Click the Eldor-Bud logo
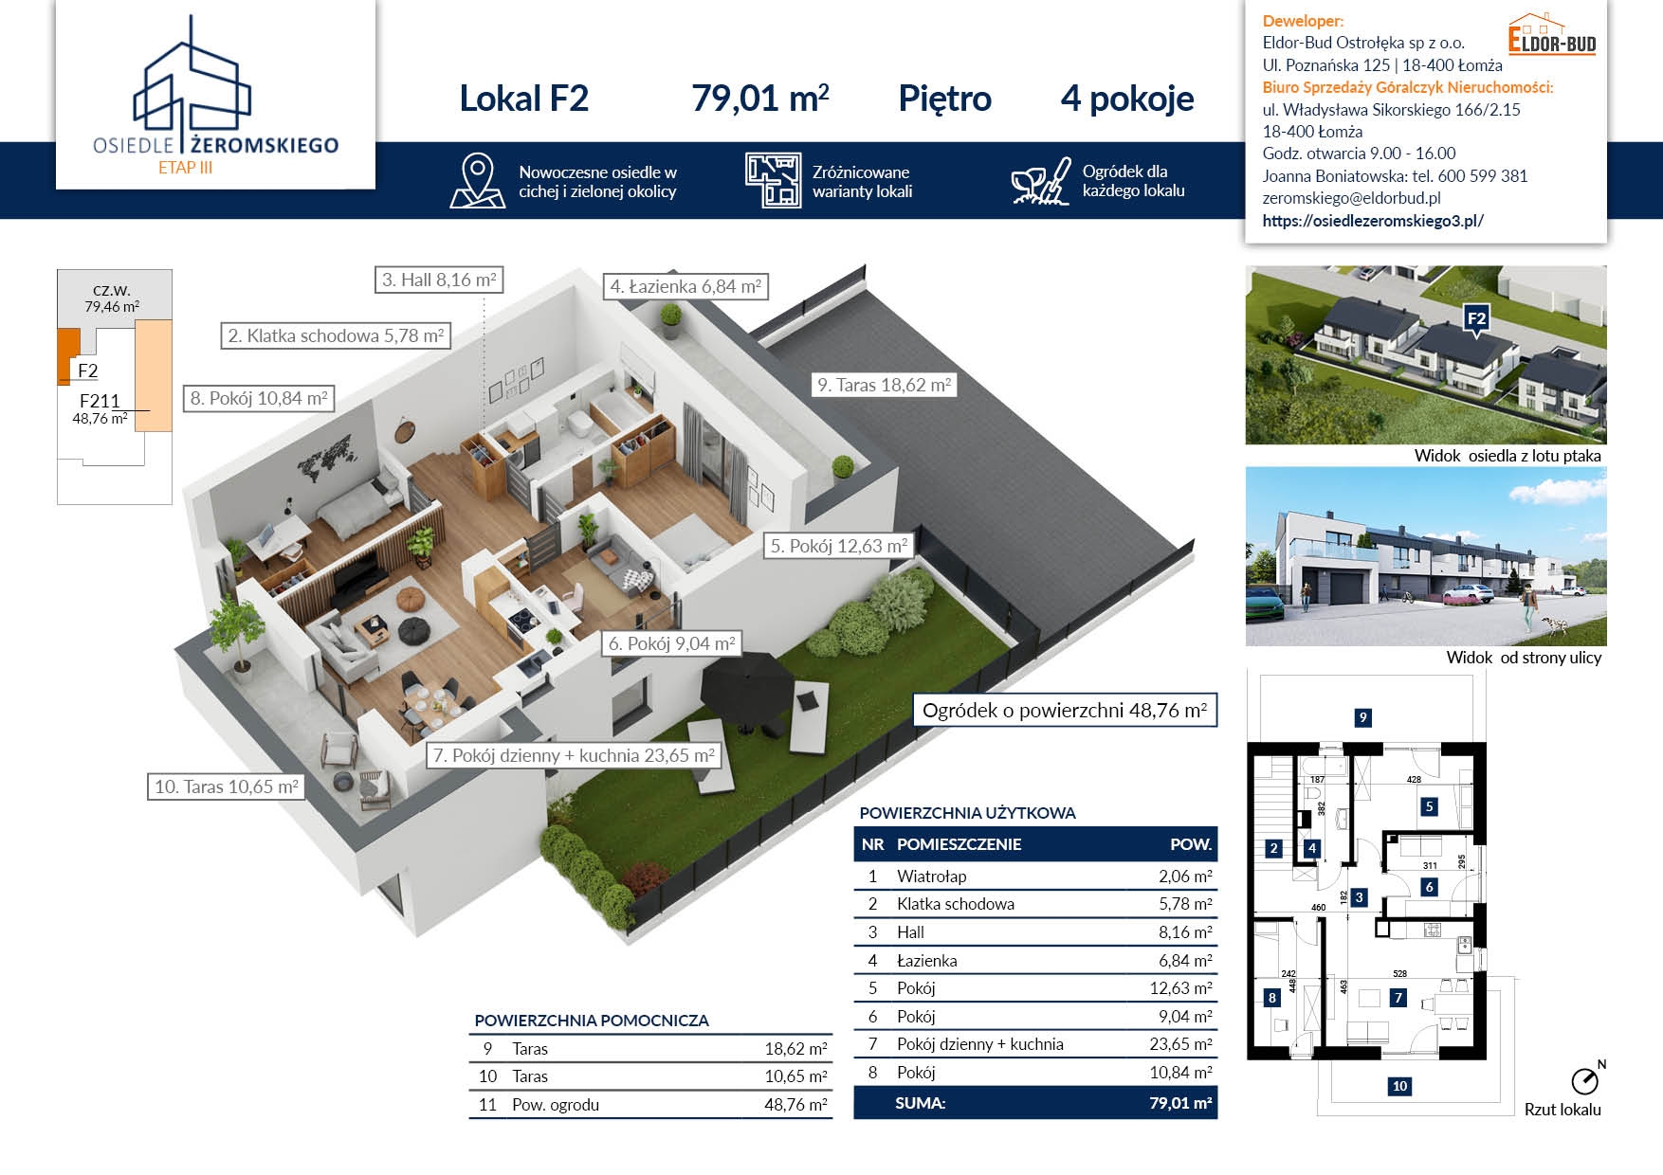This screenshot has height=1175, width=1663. (1552, 35)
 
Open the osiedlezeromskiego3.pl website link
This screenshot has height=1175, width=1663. (1373, 221)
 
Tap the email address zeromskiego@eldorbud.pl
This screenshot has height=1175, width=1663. (1351, 198)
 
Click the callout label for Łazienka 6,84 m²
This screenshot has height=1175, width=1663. (685, 286)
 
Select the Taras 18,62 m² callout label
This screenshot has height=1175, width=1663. (884, 385)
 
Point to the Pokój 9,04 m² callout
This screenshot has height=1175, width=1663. (671, 643)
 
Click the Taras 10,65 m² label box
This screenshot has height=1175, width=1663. (226, 786)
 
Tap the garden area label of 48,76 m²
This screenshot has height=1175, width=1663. (1065, 711)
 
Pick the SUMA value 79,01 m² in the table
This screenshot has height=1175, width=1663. (1180, 1103)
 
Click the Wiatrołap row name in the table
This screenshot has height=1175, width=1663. (932, 877)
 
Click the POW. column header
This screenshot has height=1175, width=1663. (1191, 844)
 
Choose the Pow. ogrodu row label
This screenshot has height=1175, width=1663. (556, 1105)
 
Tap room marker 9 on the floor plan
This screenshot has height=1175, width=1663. (1362, 717)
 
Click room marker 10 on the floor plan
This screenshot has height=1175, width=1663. (1399, 1086)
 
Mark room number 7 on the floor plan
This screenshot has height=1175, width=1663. (1398, 997)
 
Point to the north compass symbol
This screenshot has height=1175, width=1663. (1585, 1079)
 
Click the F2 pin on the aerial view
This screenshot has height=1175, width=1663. (1476, 319)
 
